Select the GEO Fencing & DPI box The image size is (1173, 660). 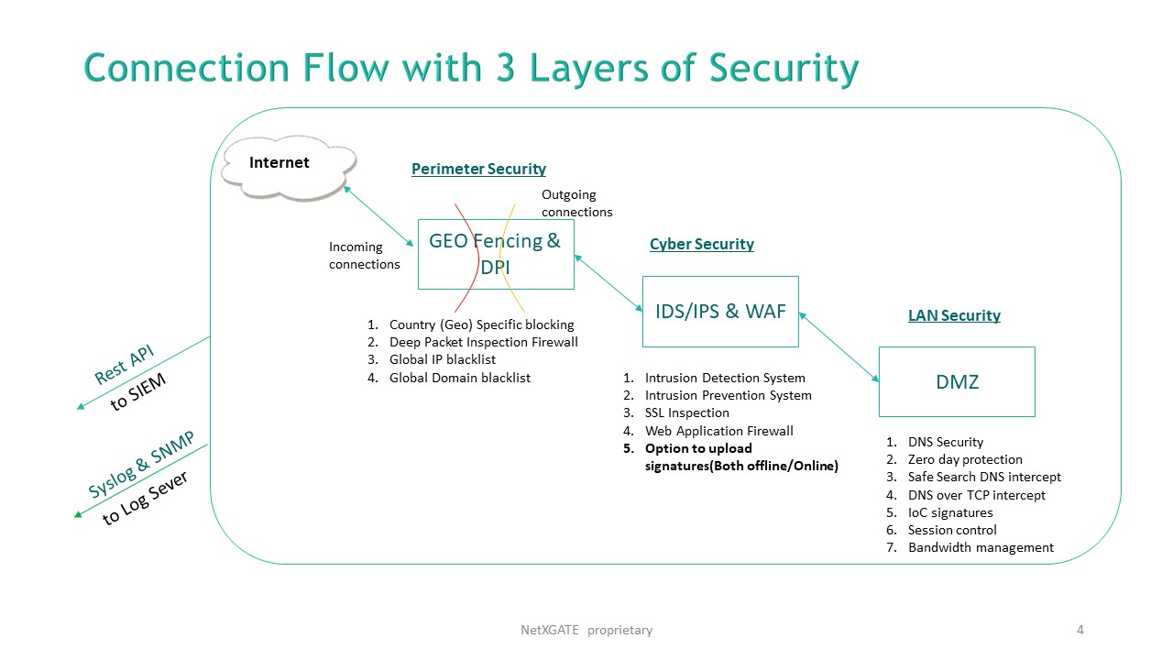point(496,254)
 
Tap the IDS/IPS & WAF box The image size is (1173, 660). point(720,312)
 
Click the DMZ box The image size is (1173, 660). point(957,382)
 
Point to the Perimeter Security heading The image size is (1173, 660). point(478,169)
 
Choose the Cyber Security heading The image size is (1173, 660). point(701,244)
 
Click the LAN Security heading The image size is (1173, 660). point(954,315)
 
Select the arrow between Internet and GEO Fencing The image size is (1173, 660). point(378,216)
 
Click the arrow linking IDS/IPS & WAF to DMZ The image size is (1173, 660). point(839,346)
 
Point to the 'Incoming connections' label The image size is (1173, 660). point(365,256)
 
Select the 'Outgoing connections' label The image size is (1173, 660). point(576,203)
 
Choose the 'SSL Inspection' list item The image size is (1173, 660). point(686,412)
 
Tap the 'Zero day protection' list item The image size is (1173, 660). point(964,459)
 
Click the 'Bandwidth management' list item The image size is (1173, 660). point(981,547)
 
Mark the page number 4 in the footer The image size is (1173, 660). point(1080,630)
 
